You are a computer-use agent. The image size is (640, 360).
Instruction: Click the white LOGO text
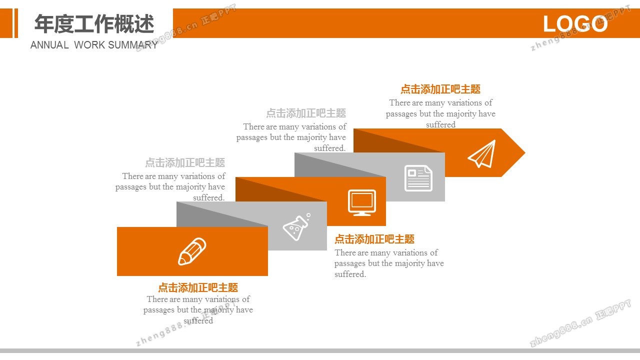pyautogui.click(x=575, y=23)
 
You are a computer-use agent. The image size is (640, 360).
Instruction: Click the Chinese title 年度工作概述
pyautogui.click(x=94, y=23)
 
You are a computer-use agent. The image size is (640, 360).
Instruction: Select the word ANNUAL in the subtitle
pyautogui.click(x=49, y=45)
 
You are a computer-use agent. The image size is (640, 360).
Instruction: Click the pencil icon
pyautogui.click(x=192, y=251)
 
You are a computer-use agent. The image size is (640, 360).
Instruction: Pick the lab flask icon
pyautogui.click(x=296, y=227)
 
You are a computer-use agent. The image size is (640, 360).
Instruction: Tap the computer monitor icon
pyautogui.click(x=362, y=202)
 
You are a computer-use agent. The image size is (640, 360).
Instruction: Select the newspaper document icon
pyautogui.click(x=418, y=178)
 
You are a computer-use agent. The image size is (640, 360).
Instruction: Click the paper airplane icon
pyautogui.click(x=481, y=153)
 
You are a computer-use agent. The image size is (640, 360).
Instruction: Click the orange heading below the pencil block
pyautogui.click(x=198, y=287)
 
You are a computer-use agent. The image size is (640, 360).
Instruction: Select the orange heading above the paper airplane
pyautogui.click(x=440, y=89)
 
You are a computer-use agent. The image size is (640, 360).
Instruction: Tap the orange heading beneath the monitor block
pyautogui.click(x=374, y=239)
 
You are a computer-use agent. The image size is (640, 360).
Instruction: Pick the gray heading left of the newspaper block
pyautogui.click(x=306, y=113)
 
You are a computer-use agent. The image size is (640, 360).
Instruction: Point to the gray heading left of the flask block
pyautogui.click(x=185, y=162)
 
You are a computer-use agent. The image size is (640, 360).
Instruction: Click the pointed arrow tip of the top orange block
pyautogui.click(x=525, y=152)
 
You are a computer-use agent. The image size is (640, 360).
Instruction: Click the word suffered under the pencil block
pyautogui.click(x=198, y=320)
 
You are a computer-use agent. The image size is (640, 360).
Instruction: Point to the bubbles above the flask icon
pyautogui.click(x=308, y=216)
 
